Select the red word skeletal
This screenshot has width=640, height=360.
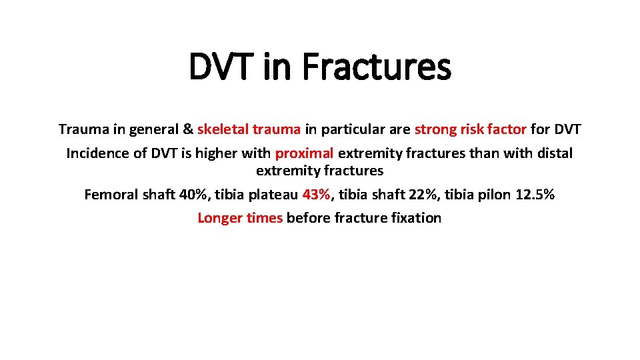pos(221,129)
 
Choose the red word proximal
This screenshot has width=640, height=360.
pos(304,153)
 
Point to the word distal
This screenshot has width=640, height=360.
pos(551,153)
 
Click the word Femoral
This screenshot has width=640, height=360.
pos(111,195)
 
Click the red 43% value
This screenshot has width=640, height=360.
pos(316,195)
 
